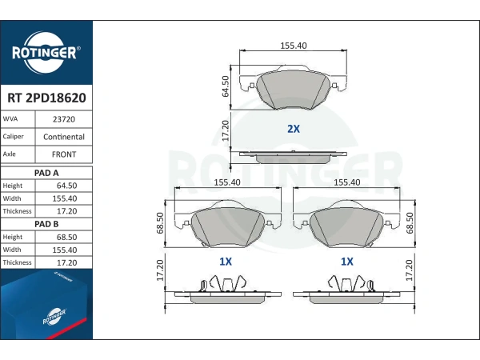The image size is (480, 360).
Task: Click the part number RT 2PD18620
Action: pyautogui.click(x=46, y=98)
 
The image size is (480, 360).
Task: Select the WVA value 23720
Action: pyautogui.click(x=64, y=119)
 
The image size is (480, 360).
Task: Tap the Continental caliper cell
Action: pyautogui.click(x=64, y=137)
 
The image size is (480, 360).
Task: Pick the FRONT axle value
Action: pyautogui.click(x=64, y=154)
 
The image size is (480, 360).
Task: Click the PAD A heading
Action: pyautogui.click(x=46, y=173)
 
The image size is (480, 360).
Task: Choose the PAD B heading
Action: pyautogui.click(x=46, y=224)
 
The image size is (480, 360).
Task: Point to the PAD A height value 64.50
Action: pyautogui.click(x=66, y=186)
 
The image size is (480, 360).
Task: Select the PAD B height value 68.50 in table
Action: pyautogui.click(x=66, y=237)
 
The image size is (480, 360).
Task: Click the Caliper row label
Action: pyautogui.click(x=13, y=137)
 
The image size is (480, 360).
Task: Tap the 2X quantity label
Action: pyautogui.click(x=294, y=129)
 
